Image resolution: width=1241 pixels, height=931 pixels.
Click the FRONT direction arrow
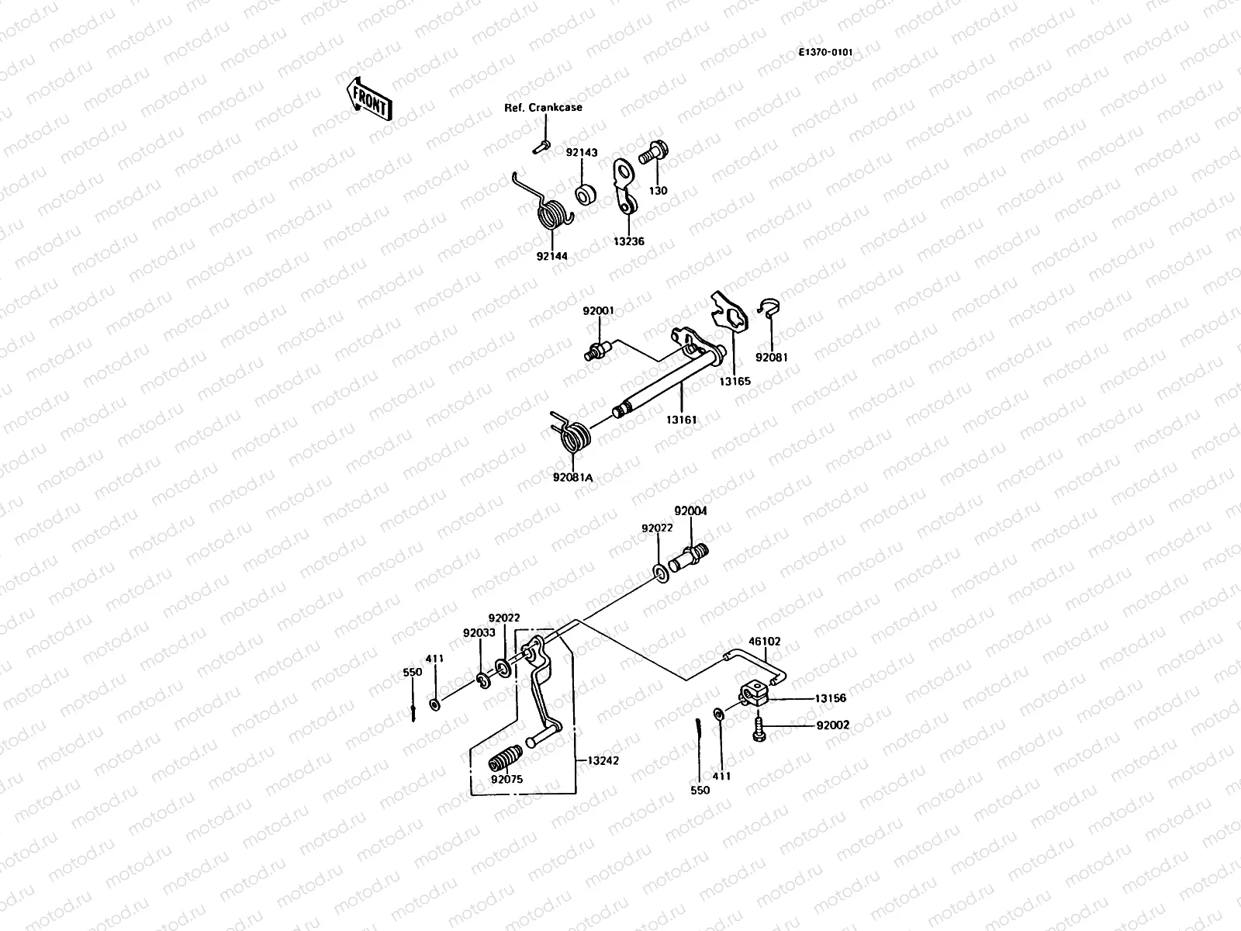coord(369,98)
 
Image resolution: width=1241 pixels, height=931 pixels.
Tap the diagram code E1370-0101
coord(826,52)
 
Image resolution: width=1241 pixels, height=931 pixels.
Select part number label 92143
coord(581,153)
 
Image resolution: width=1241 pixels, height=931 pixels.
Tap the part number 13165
coord(734,382)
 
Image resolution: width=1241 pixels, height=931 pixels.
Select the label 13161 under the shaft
coord(681,420)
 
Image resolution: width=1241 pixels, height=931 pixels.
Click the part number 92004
coord(690,512)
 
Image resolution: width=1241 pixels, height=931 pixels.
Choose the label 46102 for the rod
coord(764,642)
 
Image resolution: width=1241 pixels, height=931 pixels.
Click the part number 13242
coord(603,761)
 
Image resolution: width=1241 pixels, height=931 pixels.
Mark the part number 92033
coord(479,632)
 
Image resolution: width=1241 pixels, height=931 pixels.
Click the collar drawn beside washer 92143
coord(585,192)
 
